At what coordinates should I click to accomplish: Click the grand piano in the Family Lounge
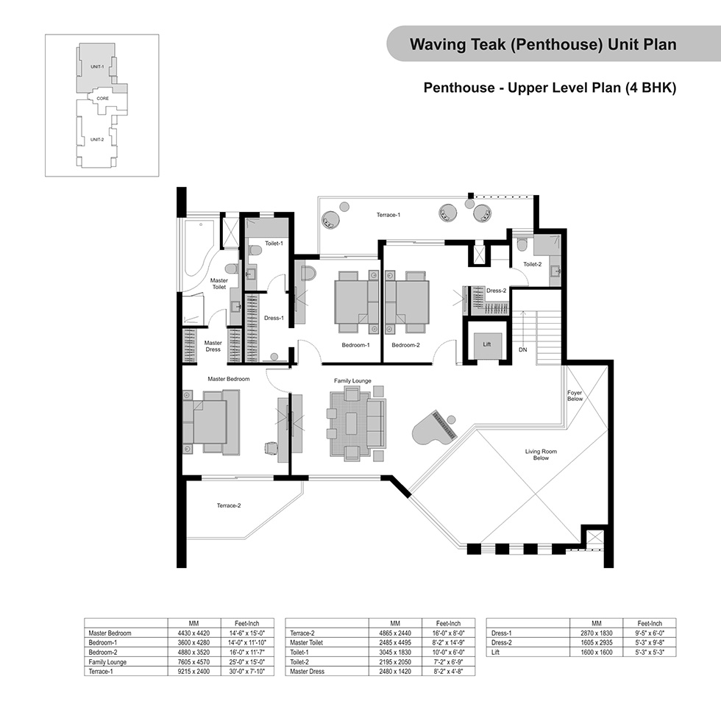coord(435,428)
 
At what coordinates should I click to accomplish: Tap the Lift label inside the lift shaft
coord(487,344)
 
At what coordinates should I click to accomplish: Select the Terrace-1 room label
coord(388,215)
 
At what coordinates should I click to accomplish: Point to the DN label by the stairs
coord(523,350)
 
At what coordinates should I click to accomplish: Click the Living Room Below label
coord(541,455)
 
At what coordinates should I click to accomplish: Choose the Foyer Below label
coord(575,396)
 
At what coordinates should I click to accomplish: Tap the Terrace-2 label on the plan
coord(229,505)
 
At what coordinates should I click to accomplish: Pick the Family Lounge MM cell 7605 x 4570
coord(193,662)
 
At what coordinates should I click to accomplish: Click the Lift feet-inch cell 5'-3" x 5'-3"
coord(649,653)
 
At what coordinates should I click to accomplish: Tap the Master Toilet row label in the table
coord(306,643)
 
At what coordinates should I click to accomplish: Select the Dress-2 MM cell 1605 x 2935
coord(597,643)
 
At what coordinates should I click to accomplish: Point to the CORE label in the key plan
coord(102,99)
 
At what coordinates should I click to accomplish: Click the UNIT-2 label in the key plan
coord(97,139)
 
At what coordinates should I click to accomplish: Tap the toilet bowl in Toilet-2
coord(522,244)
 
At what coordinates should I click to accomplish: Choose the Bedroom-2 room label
coord(405,345)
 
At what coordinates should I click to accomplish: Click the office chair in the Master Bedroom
coord(271,448)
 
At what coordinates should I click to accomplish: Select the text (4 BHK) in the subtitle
coord(650,88)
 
